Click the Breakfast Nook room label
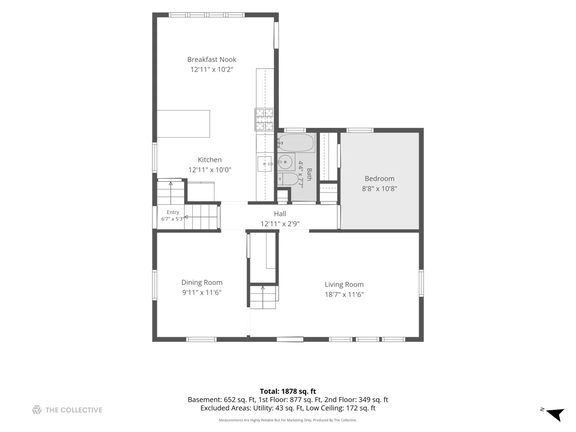(x=212, y=60)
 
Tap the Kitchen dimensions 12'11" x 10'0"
(x=210, y=170)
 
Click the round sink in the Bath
(x=285, y=162)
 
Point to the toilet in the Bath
(x=288, y=179)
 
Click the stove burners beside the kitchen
(x=264, y=119)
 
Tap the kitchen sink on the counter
(x=264, y=164)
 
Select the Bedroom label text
(x=380, y=179)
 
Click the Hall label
(x=280, y=214)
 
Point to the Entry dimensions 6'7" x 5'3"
(x=172, y=219)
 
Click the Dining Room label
(x=202, y=282)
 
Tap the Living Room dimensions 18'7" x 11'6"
(x=344, y=294)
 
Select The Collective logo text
(x=74, y=410)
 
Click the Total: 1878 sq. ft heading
(x=288, y=391)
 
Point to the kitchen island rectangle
(x=184, y=124)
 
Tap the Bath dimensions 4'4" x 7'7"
(x=301, y=175)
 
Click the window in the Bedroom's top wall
(x=360, y=130)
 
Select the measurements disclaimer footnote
(x=288, y=420)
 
